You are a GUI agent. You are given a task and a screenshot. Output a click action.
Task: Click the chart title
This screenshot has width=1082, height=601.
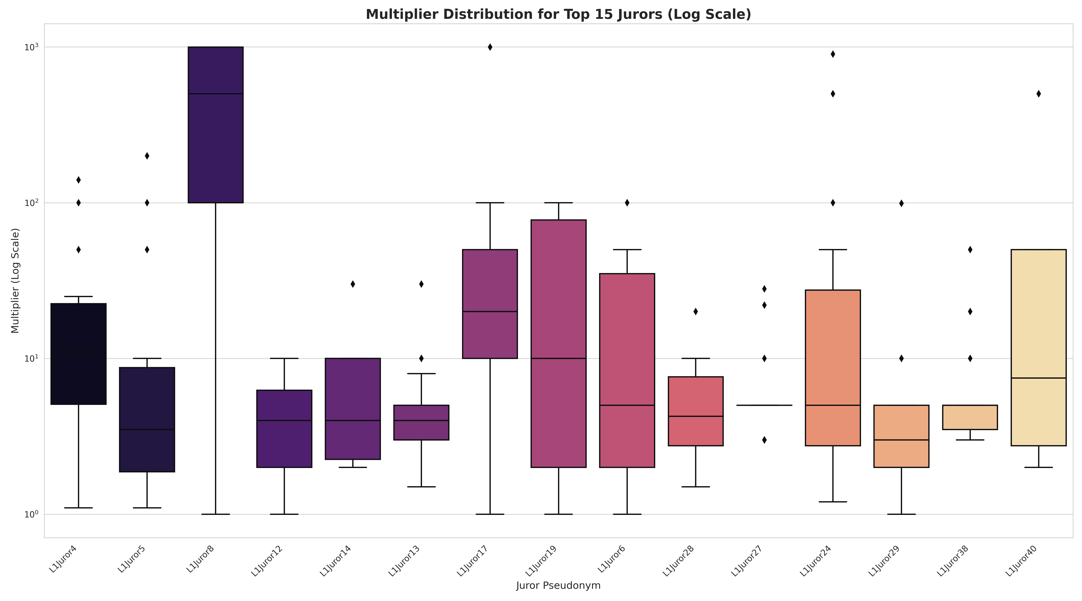558,14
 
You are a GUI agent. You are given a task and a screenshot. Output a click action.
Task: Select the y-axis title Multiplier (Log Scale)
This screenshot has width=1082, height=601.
16,280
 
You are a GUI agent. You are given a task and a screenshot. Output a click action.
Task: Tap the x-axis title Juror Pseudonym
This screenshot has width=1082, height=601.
558,585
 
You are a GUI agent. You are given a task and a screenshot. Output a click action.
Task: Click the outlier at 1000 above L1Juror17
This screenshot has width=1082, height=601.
490,47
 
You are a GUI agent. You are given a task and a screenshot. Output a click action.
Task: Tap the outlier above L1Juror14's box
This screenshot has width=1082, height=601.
353,284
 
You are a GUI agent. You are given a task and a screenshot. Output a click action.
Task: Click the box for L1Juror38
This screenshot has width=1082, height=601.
970,417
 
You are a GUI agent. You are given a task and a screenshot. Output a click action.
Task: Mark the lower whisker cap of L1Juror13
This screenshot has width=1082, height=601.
421,487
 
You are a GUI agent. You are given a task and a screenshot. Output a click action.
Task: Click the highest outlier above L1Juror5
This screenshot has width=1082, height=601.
147,156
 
